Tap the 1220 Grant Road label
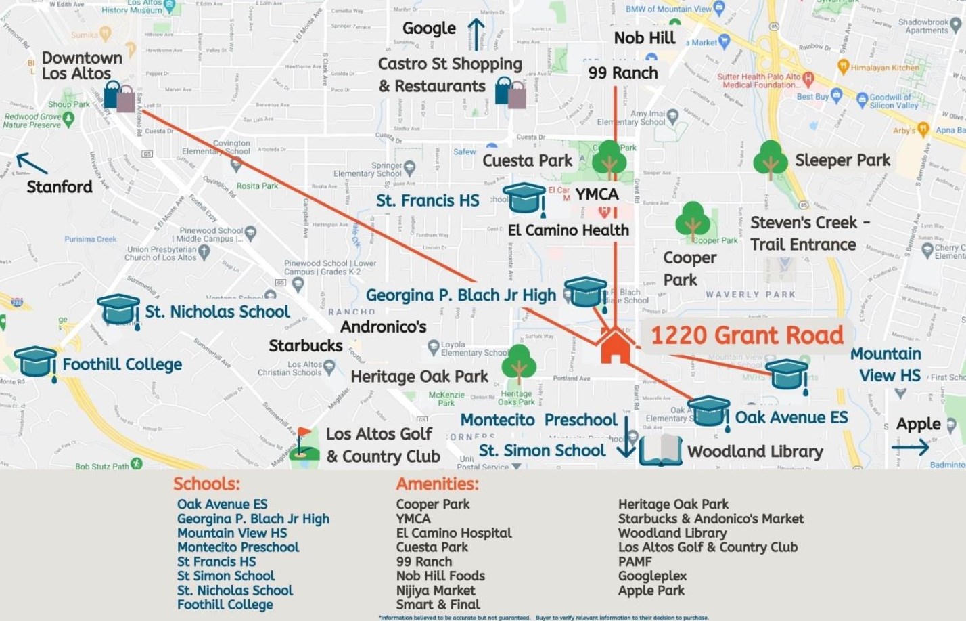pyautogui.click(x=747, y=335)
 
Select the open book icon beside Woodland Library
pyautogui.click(x=660, y=450)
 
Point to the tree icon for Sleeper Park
pyautogui.click(x=770, y=160)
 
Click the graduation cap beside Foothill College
pyautogui.click(x=35, y=362)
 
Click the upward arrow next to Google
pyautogui.click(x=476, y=34)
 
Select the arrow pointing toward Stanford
pyautogui.click(x=32, y=163)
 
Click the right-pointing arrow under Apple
pyautogui.click(x=911, y=447)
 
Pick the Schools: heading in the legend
pyautogui.click(x=206, y=484)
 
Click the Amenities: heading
pyautogui.click(x=437, y=484)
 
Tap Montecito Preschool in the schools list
pyautogui.click(x=237, y=547)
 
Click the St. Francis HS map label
pyautogui.click(x=428, y=200)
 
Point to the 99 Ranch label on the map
pyautogui.click(x=622, y=72)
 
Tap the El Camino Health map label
pyautogui.click(x=568, y=230)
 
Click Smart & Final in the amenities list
pyautogui.click(x=438, y=604)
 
